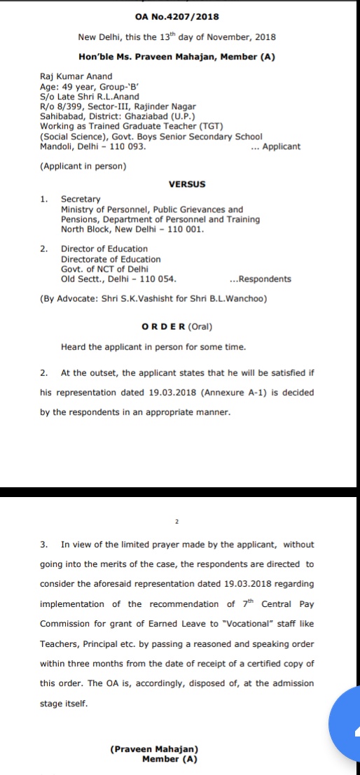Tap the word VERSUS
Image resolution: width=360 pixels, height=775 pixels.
coord(187,184)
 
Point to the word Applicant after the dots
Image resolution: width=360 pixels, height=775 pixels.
coord(281,146)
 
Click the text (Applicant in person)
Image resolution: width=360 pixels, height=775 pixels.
coord(83,166)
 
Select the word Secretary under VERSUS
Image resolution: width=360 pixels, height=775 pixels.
coord(81,200)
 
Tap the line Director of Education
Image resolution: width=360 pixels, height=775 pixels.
coord(104,249)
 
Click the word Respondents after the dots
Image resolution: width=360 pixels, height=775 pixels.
coord(265,279)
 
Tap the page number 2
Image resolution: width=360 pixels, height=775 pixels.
coord(178,522)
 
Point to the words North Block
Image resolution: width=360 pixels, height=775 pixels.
coord(88,229)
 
